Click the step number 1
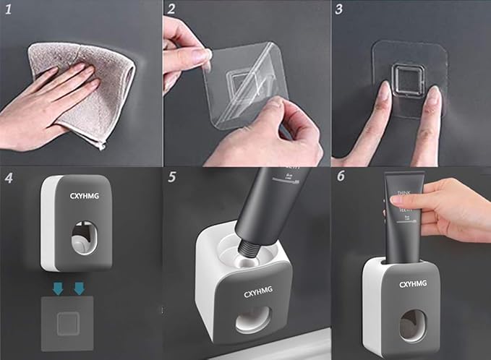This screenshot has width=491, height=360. [9, 10]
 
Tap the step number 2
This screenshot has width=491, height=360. [171, 10]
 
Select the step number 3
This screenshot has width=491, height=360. [340, 10]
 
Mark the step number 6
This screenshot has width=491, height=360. [339, 177]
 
